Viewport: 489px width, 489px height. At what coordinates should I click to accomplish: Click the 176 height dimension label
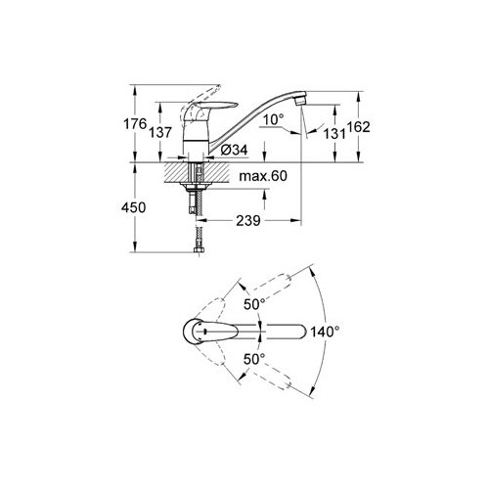click(x=135, y=124)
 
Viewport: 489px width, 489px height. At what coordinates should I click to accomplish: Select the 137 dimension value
click(x=160, y=133)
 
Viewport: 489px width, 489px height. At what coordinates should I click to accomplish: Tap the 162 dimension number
click(x=358, y=127)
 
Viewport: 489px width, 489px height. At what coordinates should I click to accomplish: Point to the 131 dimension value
click(x=333, y=134)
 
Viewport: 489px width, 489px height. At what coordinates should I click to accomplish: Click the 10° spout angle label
click(x=273, y=119)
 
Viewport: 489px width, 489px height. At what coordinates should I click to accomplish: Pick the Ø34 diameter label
click(x=234, y=150)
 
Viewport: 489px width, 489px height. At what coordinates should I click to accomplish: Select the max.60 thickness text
click(x=263, y=176)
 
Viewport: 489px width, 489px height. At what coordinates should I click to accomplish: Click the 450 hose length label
click(x=133, y=207)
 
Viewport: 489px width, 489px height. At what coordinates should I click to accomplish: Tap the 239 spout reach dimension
click(x=248, y=221)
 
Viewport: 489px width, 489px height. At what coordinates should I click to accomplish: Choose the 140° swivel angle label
click(x=325, y=332)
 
